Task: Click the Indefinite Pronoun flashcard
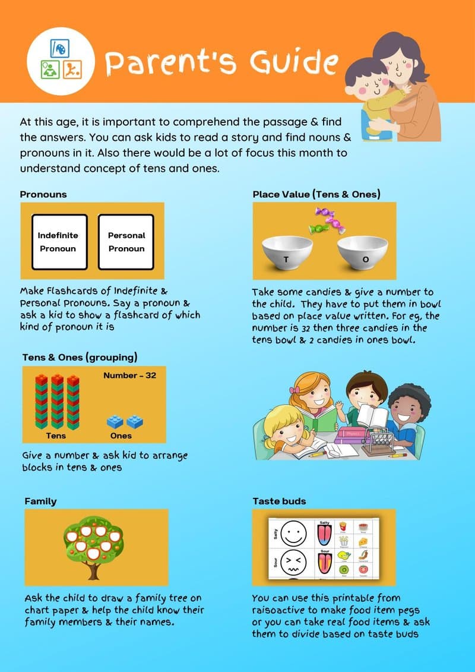[58, 242]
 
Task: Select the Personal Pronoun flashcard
[126, 242]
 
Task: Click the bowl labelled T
[287, 253]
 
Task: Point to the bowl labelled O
[363, 253]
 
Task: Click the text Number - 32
[129, 376]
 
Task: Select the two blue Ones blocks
[125, 421]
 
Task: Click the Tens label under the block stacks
[56, 436]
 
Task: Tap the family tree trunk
[93, 569]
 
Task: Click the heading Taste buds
[279, 501]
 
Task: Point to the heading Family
[40, 501]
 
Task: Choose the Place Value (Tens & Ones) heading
[316, 194]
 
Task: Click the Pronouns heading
[43, 194]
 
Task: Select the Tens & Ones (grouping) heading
[80, 357]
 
